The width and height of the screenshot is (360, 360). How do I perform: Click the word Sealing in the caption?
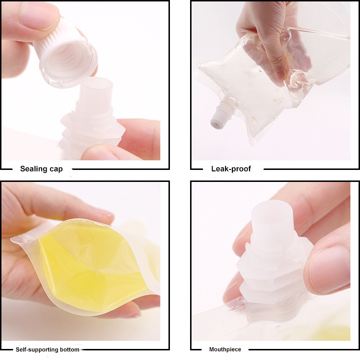pyautogui.click(x=33, y=169)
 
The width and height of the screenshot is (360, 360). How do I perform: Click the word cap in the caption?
pyautogui.click(x=56, y=169)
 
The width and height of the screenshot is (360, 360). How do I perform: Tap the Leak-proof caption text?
pyautogui.click(x=231, y=169)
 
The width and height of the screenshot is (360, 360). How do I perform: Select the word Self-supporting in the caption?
pyautogui.click(x=37, y=349)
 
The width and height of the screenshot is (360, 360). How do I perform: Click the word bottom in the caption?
pyautogui.click(x=69, y=349)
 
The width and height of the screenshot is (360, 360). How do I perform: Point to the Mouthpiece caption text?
pyautogui.click(x=225, y=349)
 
